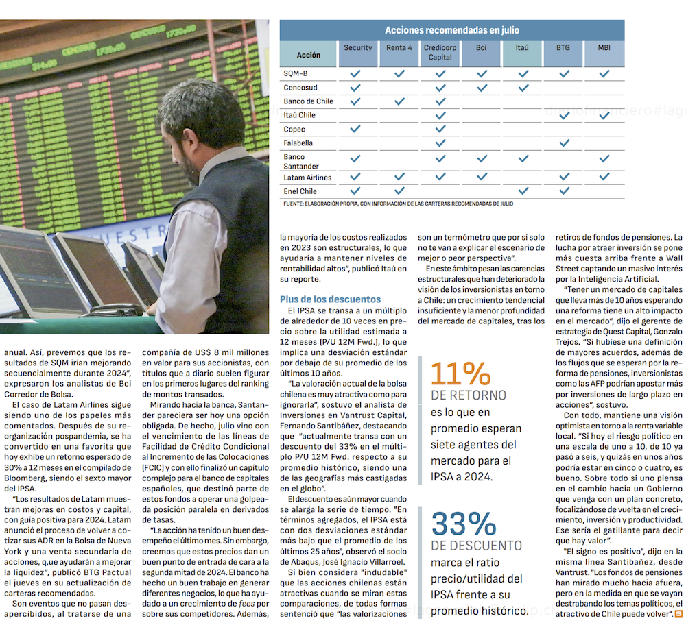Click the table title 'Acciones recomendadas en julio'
451,30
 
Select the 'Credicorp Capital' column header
440,53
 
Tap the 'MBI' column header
604,48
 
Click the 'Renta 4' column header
399,48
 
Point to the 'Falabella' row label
298,143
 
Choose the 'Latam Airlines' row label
307,178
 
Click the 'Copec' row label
294,129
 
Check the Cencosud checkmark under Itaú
523,88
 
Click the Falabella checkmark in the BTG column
564,143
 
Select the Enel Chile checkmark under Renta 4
399,191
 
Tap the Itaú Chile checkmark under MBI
604,115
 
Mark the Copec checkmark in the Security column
355,129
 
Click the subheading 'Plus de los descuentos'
330,299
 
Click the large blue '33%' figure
464,524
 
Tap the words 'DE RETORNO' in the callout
469,395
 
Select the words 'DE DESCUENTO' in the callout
476,546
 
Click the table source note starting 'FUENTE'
398,204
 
